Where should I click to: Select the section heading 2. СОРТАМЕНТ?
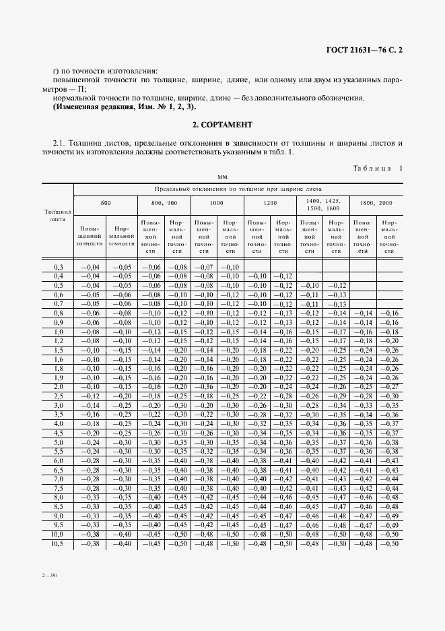pos(222,125)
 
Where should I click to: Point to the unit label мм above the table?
pos(222,177)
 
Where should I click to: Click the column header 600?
pos(106,202)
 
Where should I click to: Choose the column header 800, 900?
pos(164,202)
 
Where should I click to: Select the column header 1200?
pos(269,202)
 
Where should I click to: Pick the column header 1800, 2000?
pos(376,202)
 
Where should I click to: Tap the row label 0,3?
pos(58,268)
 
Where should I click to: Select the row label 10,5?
pos(58,543)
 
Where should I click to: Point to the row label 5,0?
pos(58,442)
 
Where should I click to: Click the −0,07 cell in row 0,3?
pos(203,268)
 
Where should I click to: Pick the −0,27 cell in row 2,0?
pos(388,387)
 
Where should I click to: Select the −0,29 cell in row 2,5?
pos(336,396)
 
